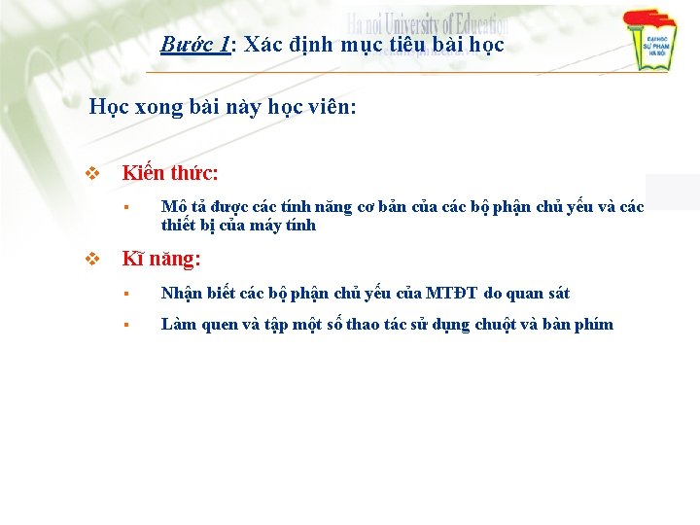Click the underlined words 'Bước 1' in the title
click(x=195, y=45)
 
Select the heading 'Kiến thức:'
click(x=170, y=174)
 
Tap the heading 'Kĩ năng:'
click(x=161, y=260)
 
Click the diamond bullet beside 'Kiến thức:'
click(x=93, y=174)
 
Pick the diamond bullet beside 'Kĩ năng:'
click(x=93, y=260)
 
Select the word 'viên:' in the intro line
click(x=332, y=106)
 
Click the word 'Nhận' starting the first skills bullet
click(x=180, y=293)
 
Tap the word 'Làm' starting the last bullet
click(x=178, y=325)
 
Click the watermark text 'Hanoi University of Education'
click(x=428, y=24)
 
